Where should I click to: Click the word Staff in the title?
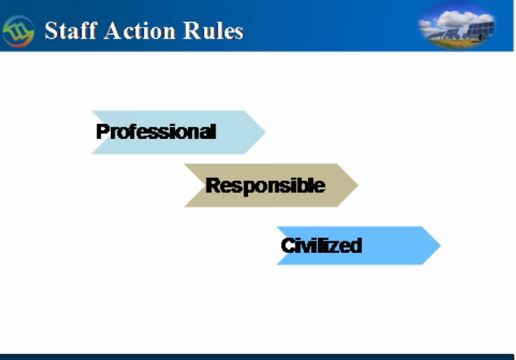pos(71,30)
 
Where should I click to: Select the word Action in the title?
pos(140,30)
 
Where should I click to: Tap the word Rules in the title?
pos(213,30)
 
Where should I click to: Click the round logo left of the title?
pos(18,31)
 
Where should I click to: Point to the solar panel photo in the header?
pos(457,26)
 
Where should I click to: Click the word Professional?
pos(156,131)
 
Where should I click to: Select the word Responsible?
pos(266,186)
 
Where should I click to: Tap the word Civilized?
pos(322,246)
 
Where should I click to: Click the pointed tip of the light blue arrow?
pos(266,132)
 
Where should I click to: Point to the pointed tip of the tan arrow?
pos(357,185)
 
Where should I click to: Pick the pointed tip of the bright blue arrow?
pos(440,245)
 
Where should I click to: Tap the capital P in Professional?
pos(102,131)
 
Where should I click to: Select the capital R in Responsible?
pos(212,185)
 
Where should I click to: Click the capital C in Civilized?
pos(288,246)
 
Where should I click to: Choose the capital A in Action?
pos(112,31)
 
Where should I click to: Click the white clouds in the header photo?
pos(461,18)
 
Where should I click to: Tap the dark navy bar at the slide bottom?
pos(256,357)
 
